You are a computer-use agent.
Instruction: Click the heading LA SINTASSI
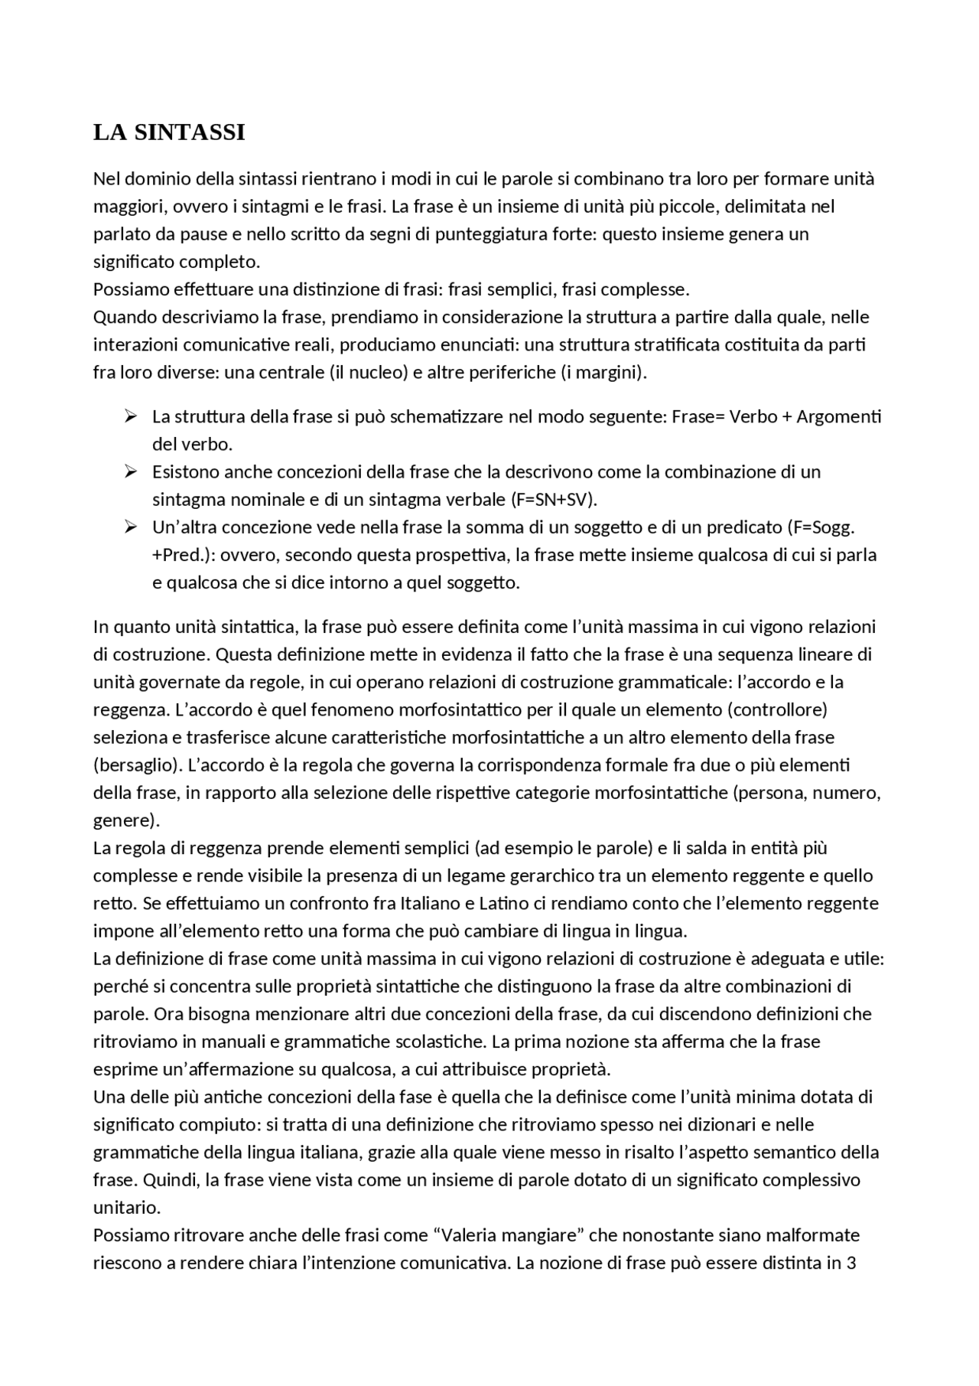169,132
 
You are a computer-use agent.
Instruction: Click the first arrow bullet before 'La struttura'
131,416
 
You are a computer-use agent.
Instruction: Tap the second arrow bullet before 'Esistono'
131,471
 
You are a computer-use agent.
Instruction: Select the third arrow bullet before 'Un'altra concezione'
131,527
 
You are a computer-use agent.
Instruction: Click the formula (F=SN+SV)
552,500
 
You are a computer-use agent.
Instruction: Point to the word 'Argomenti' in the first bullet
839,417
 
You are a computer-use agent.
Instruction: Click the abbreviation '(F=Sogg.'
820,527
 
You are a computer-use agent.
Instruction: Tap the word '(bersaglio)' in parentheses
135,765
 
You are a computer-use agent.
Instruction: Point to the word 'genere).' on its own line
126,820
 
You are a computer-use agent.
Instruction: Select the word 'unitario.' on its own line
127,1208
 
